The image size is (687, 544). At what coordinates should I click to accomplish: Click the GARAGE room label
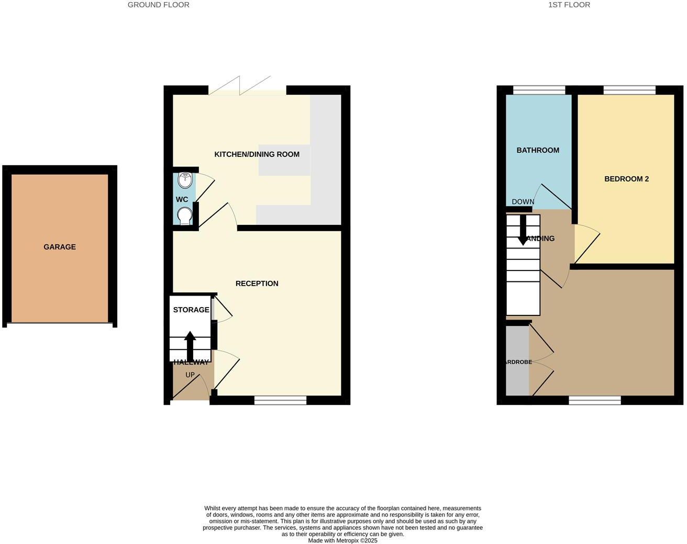tap(60, 247)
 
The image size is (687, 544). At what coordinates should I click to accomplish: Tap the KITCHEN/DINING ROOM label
tap(257, 154)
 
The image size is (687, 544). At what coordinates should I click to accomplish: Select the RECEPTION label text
tap(257, 284)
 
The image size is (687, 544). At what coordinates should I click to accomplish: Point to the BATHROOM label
tap(538, 150)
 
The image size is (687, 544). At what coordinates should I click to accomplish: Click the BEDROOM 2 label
tap(626, 179)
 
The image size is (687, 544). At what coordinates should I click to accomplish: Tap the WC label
tap(182, 199)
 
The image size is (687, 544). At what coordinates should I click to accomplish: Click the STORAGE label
tap(191, 310)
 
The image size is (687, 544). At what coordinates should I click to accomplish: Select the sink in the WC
tap(185, 180)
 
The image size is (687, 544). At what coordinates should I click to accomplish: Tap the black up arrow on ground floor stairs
tap(190, 346)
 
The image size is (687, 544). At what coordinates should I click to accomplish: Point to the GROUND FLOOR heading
tap(159, 5)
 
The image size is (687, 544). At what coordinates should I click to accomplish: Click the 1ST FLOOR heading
tap(569, 5)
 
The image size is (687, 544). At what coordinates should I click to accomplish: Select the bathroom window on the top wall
tap(539, 90)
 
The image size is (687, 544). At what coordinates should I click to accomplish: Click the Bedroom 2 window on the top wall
tap(629, 90)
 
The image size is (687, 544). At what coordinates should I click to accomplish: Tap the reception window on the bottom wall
tap(280, 401)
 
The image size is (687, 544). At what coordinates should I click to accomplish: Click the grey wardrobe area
tap(517, 361)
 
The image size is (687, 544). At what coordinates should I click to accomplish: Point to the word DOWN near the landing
tap(523, 202)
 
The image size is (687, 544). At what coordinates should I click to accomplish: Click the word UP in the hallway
tap(190, 375)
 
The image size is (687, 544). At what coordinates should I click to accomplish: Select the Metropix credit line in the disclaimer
tap(342, 541)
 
